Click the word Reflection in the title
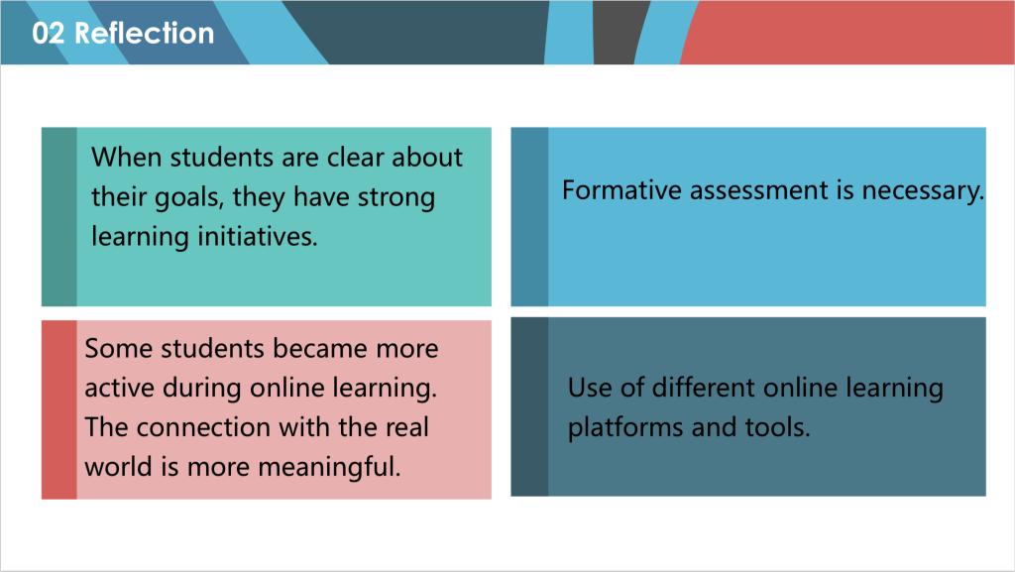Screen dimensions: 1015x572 click(x=145, y=33)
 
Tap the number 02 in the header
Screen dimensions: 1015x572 click(x=48, y=33)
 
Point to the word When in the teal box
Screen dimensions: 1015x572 click(x=126, y=158)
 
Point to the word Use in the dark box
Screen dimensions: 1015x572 click(x=590, y=389)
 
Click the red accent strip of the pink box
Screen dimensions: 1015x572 click(x=58, y=409)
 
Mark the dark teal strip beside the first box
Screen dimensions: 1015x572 click(x=58, y=217)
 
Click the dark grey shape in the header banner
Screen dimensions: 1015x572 click(x=620, y=32)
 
